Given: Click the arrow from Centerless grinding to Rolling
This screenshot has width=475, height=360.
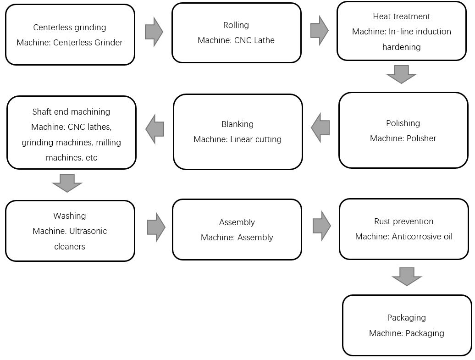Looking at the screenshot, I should point(154,32).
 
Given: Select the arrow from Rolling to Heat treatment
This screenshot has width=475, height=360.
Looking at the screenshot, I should point(319,30).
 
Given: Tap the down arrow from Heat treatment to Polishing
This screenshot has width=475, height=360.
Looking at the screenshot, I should point(401,74).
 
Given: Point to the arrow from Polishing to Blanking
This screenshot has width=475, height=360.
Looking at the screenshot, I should point(320,127).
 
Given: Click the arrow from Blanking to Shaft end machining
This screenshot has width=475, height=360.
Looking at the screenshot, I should point(155,129).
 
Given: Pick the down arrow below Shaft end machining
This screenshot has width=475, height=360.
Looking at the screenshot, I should point(67,183).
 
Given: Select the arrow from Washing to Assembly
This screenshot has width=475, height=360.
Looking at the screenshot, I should point(156,227).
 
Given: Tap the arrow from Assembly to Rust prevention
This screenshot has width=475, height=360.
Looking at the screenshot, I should point(321,226).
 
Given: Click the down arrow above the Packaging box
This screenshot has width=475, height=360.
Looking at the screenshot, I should point(407,277).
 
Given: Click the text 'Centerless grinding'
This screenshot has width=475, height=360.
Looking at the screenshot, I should point(70,28).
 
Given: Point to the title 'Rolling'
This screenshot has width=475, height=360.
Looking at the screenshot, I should point(236,25).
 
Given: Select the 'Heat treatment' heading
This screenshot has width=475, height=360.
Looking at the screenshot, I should point(402,17).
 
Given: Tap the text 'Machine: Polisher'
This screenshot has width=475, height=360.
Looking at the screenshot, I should point(403,138).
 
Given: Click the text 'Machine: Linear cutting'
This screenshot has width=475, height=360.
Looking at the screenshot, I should point(237,139).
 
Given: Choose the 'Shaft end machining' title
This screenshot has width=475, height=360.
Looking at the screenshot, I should point(71,112).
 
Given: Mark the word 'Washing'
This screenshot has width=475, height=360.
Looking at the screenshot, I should point(70,216).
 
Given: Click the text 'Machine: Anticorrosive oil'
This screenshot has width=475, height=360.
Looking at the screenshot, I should point(403,237).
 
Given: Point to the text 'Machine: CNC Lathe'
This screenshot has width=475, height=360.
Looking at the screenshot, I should point(236,40).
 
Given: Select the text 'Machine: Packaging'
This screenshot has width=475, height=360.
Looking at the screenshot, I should point(406,333).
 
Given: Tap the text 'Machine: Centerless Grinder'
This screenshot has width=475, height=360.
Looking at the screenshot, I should point(70,43).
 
